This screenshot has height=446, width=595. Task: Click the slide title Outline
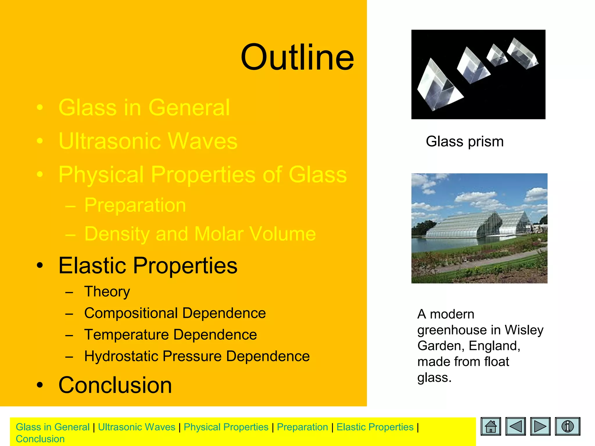point(297,57)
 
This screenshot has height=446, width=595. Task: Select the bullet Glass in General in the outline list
point(144,107)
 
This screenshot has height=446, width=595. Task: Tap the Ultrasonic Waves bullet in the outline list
point(148,141)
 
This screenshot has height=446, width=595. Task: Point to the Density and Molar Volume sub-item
point(200,234)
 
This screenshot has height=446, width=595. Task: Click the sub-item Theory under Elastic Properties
point(107,292)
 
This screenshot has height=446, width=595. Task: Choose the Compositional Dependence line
point(175,313)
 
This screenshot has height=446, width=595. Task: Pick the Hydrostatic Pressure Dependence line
point(197,356)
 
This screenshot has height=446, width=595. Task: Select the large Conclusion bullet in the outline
point(115,385)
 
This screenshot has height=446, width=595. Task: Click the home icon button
point(491,426)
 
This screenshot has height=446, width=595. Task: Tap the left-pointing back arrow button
point(515,426)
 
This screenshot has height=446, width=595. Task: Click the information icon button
point(567,426)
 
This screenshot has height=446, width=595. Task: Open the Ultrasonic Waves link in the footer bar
point(137,427)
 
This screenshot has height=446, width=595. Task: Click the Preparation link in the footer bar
point(302,427)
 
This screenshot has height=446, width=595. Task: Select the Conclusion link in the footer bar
point(40,439)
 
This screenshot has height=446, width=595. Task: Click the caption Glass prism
point(465,142)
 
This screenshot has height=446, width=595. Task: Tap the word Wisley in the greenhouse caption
point(524,330)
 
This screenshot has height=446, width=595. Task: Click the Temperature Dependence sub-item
point(170,334)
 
